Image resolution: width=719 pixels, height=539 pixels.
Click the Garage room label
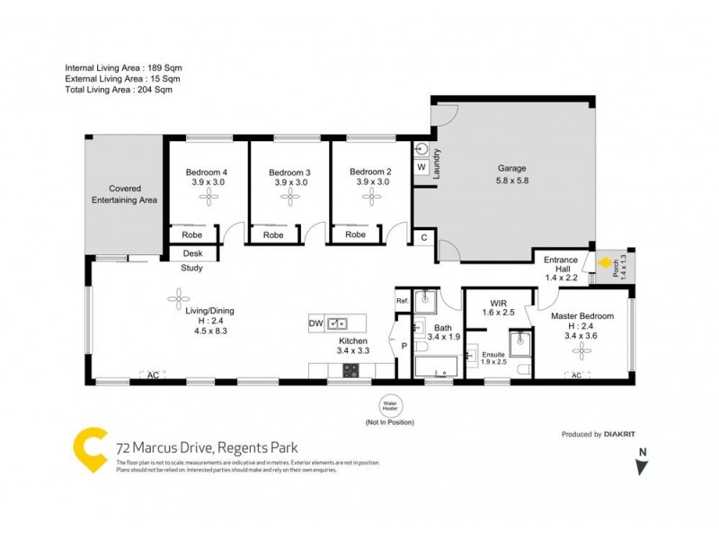tap(512, 168)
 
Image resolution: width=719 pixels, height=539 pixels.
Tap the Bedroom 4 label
tap(207, 172)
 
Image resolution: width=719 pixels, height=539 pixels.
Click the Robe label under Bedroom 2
tap(356, 234)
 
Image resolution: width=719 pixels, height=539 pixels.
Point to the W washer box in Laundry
tap(422, 167)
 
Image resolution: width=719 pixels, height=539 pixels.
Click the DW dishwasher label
tap(315, 323)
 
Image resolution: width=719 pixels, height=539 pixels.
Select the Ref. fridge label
tap(403, 300)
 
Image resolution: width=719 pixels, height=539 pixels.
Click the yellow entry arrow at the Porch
tap(602, 264)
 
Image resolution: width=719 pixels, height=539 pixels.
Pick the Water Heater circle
tap(389, 406)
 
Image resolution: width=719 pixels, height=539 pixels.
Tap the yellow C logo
tap(90, 446)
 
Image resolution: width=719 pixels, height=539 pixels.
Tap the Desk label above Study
tap(192, 253)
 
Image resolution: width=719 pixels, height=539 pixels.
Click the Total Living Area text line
tap(119, 90)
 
